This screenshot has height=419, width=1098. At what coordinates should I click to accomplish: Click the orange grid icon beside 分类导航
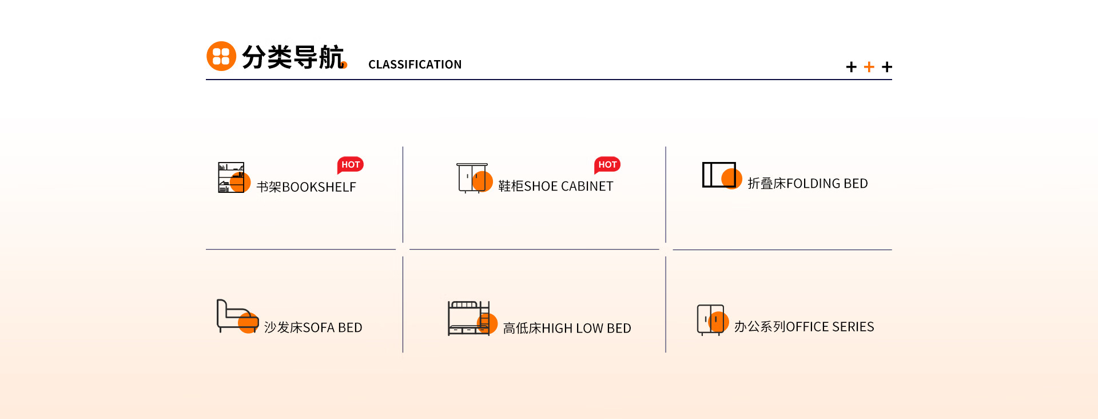pos(221,56)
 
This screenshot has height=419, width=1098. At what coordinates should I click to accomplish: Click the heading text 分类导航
pos(292,57)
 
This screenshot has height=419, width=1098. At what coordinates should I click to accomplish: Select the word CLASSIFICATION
pos(415,65)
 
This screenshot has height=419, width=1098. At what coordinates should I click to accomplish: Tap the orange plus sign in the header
pos(869,67)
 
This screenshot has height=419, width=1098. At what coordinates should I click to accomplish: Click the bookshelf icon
pos(232,177)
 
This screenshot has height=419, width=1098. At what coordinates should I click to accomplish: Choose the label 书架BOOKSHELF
pos(306,187)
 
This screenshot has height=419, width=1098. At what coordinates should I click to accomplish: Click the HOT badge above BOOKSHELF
pos(351,165)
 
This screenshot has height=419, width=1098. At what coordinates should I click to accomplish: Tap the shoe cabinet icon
pos(473,178)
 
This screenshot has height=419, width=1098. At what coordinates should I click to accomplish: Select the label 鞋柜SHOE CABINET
pos(555,187)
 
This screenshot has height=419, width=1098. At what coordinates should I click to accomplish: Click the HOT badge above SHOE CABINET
pos(607,165)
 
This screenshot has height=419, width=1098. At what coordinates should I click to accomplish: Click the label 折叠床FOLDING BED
pos(807,184)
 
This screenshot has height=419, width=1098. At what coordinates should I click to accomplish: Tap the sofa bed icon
pos(237,316)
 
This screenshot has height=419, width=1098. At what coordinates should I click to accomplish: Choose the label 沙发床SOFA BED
pos(313,328)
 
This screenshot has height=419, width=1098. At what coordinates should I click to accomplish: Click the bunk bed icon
pos(470,318)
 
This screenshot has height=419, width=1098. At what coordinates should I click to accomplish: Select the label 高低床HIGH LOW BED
pos(567,329)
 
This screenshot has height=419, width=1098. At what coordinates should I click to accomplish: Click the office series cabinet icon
pos(711,319)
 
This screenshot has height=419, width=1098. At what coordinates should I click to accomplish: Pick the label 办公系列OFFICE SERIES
pos(803,327)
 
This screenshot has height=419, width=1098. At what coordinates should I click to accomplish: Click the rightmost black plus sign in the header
pos(886,67)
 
